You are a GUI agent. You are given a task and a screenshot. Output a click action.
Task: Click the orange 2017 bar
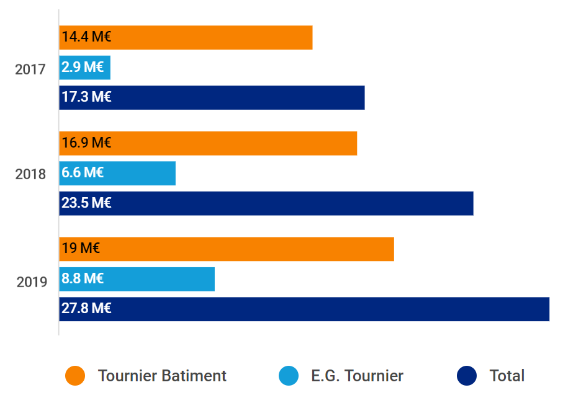[x=186, y=37]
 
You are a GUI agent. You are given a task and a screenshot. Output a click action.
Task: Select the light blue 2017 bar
[x=85, y=68]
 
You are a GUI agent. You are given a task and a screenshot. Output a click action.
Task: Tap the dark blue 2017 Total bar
[x=212, y=98]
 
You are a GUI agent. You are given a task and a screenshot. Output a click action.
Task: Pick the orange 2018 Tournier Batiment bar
[x=208, y=143]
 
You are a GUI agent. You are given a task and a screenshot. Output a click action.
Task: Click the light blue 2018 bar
[x=117, y=173]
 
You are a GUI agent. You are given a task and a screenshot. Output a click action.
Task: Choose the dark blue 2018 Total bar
[x=266, y=203]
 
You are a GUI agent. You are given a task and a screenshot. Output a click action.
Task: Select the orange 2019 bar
[x=227, y=249]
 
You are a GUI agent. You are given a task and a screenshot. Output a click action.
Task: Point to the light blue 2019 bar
[x=137, y=279]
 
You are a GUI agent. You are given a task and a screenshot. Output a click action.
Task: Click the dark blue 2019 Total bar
[x=304, y=309]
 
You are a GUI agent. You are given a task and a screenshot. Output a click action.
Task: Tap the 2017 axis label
[x=30, y=69]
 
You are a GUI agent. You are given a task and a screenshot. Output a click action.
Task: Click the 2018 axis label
[x=30, y=174]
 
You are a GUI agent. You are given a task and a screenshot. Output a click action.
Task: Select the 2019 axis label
[x=32, y=282]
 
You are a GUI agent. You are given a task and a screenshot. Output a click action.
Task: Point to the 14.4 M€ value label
[x=86, y=37]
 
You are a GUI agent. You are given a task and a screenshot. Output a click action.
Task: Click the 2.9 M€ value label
[x=83, y=67]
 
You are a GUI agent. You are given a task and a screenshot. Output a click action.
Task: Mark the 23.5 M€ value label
[x=86, y=203]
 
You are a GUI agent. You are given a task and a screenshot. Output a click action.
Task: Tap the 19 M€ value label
[x=81, y=248]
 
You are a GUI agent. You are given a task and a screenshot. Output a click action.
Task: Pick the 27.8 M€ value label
[x=86, y=308]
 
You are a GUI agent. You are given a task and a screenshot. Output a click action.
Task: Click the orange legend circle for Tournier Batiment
[x=75, y=376]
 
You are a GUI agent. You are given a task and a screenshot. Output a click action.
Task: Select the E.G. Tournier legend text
[x=357, y=376]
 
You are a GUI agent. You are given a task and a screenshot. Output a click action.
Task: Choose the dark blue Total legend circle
[x=467, y=376]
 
